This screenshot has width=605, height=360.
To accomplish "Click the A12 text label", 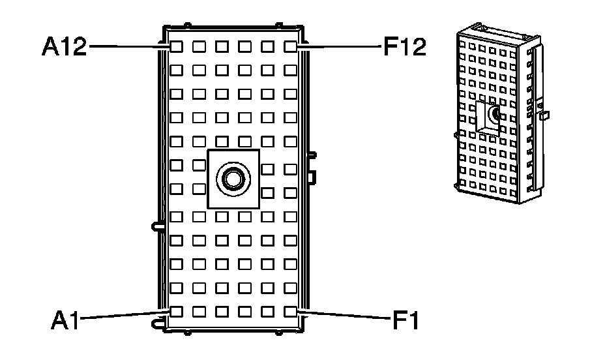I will click(x=64, y=47).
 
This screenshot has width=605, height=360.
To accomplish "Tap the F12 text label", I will click(x=404, y=47).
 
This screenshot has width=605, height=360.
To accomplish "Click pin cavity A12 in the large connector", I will click(x=176, y=47).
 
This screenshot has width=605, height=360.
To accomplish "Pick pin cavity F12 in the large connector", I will click(x=290, y=47).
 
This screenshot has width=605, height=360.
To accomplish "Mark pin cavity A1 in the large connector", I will click(x=176, y=311).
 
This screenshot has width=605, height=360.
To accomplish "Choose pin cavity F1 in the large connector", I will click(x=290, y=311).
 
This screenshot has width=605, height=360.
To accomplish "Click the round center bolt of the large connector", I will click(x=233, y=178).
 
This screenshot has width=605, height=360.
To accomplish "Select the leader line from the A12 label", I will click(x=124, y=47).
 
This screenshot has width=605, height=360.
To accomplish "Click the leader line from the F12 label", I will click(x=342, y=47).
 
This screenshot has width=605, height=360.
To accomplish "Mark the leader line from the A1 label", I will click(x=121, y=315).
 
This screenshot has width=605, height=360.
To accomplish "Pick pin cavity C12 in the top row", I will click(x=222, y=47).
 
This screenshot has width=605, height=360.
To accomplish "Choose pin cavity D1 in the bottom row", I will click(x=244, y=311).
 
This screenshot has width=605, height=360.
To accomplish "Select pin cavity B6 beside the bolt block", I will click(x=199, y=189).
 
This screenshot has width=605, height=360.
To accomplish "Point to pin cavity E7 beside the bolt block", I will click(x=267, y=169).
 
